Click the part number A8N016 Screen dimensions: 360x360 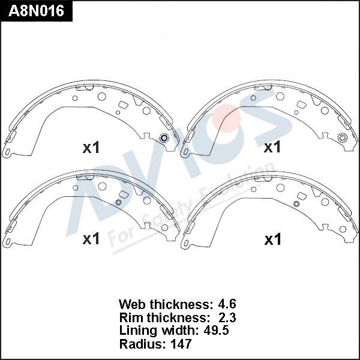pos(36,11)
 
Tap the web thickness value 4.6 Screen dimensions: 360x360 pos(227,304)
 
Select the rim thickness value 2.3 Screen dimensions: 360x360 pos(227,317)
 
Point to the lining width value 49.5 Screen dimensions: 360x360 pos(216,331)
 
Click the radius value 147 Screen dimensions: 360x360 pos(181,344)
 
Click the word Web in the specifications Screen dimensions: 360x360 pos(132,304)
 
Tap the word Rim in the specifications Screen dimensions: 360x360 pos(131,317)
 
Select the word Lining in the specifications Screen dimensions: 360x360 pos(139,331)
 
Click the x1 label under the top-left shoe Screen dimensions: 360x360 pos(91,148)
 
